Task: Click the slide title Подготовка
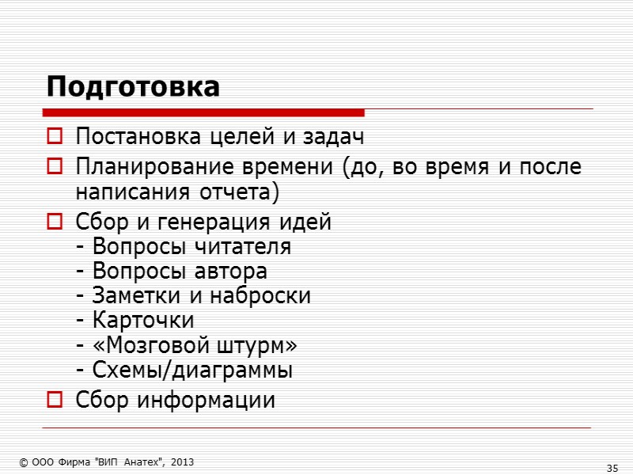132,86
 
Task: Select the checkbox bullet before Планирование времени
55,168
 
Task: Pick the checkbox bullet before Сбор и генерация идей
55,223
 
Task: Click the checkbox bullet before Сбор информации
55,401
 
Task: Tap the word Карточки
142,321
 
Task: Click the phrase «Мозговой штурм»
195,345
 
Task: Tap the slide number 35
612,469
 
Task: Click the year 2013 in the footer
180,462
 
